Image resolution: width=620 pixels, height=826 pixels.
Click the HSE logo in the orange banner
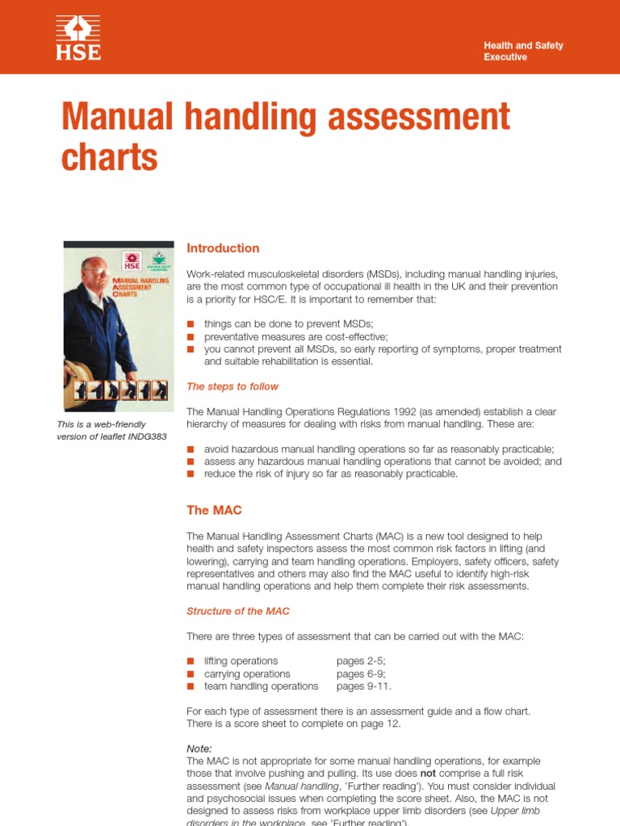(78, 38)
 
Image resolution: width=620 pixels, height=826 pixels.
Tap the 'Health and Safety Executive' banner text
(523, 51)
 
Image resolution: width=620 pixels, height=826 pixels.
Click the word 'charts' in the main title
(110, 156)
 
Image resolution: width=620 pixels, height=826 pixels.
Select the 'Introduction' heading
(223, 248)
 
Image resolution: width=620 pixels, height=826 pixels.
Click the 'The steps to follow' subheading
(232, 386)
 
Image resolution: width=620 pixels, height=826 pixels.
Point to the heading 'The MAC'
(214, 510)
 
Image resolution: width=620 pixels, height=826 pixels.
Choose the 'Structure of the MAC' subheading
(238, 611)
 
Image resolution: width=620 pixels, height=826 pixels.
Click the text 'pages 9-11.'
(364, 686)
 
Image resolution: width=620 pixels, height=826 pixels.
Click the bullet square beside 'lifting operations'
(191, 661)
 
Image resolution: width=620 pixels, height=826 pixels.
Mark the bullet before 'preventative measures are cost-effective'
(191, 336)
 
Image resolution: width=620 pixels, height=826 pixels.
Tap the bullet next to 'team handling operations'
(191, 686)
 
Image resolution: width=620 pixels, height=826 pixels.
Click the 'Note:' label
(199, 749)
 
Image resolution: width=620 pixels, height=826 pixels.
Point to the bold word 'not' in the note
(428, 774)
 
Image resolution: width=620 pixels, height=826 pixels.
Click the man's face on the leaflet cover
(93, 273)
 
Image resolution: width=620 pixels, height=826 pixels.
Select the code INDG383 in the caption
(147, 436)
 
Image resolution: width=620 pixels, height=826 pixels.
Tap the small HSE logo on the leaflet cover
(132, 261)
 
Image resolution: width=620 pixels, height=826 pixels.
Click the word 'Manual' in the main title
(117, 116)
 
